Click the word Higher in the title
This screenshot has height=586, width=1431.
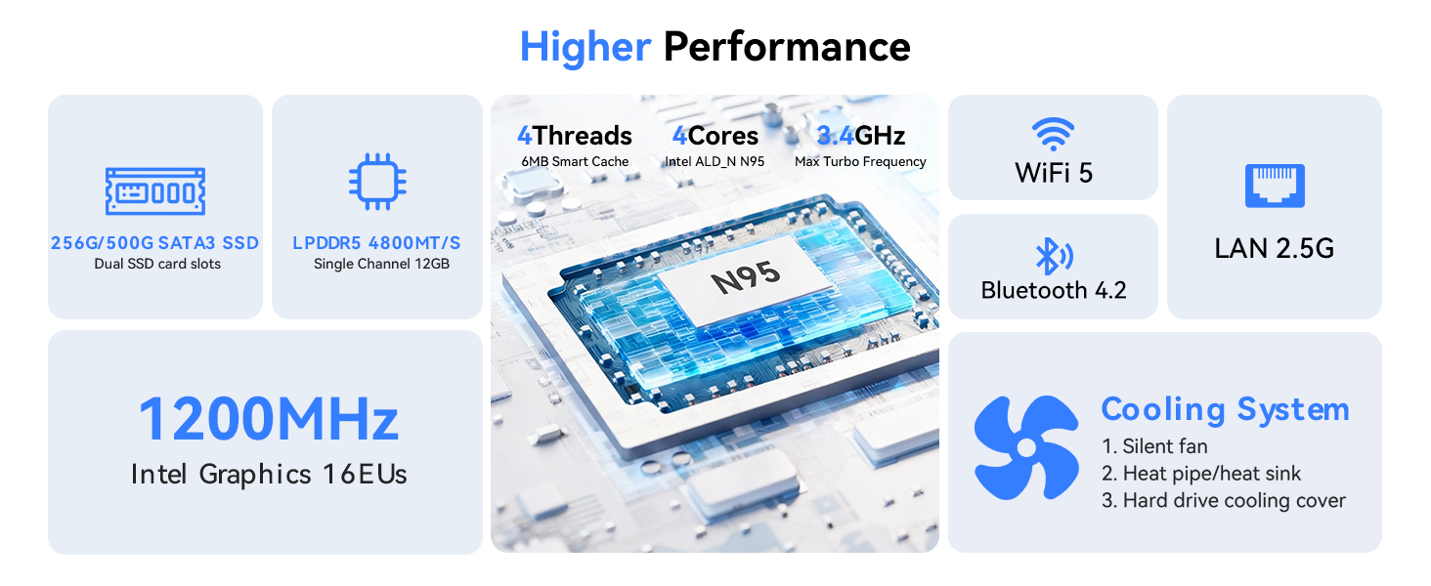click(x=585, y=47)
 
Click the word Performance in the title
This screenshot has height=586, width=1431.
click(x=787, y=47)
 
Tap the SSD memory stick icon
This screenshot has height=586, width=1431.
click(x=155, y=190)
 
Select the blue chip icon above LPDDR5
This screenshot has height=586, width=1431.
click(x=377, y=183)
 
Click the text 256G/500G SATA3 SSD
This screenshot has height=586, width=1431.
click(x=154, y=242)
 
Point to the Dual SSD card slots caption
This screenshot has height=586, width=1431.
click(x=157, y=264)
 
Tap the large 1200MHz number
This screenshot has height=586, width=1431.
click(x=268, y=419)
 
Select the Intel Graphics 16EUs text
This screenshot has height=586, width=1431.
click(x=269, y=475)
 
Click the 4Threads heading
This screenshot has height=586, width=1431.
click(x=575, y=136)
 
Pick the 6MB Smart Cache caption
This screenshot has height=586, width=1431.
click(x=575, y=161)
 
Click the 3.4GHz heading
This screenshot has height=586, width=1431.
click(x=860, y=136)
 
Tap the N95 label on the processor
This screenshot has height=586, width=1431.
click(x=745, y=276)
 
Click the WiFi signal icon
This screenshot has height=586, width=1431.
click(x=1053, y=133)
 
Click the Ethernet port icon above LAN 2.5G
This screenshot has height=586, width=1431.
click(x=1274, y=186)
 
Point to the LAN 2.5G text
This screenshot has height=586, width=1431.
click(x=1274, y=248)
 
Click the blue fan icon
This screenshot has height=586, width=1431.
click(x=1026, y=446)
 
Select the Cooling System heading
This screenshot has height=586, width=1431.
click(x=1225, y=409)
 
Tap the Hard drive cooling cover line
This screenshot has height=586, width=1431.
click(x=1223, y=500)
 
